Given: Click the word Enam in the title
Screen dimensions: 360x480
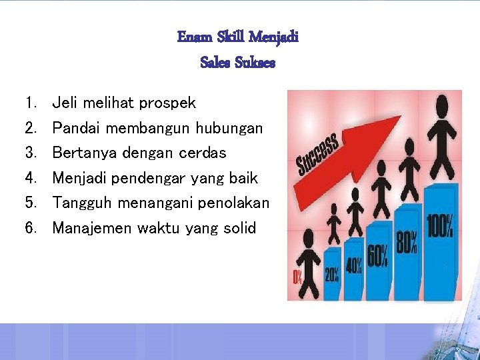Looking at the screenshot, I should (x=191, y=37).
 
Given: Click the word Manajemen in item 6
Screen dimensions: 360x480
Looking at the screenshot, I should (x=92, y=228).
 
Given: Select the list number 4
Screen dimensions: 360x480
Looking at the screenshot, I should (x=30, y=178).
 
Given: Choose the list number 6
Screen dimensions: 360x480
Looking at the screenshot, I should (x=30, y=228).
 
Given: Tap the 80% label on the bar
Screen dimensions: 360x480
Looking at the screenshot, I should (x=407, y=241).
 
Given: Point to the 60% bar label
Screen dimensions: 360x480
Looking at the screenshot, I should (x=378, y=255).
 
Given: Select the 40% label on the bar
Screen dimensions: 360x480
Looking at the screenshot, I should (x=353, y=265).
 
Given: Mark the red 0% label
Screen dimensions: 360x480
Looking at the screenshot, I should (x=298, y=277).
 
